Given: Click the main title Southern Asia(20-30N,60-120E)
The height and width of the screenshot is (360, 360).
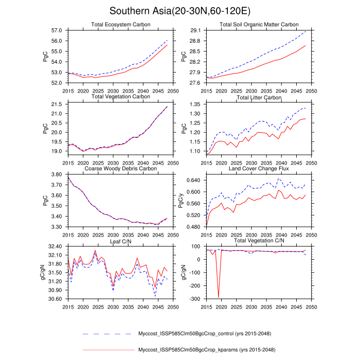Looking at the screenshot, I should point(180,11).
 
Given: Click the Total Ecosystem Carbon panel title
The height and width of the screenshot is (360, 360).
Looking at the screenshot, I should point(120,25).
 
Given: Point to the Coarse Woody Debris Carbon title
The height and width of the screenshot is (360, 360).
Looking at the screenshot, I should point(120,168).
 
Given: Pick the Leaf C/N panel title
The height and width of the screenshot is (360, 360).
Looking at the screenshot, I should point(120,240).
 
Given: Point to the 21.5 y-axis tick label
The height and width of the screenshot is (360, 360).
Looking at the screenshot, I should point(57,104).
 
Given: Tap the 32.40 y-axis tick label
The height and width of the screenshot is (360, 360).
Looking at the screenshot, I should point(55,246).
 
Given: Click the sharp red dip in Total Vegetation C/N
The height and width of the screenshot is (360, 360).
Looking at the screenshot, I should point(219,296).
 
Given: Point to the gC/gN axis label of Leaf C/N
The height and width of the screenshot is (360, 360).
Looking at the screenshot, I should point(44,273).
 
